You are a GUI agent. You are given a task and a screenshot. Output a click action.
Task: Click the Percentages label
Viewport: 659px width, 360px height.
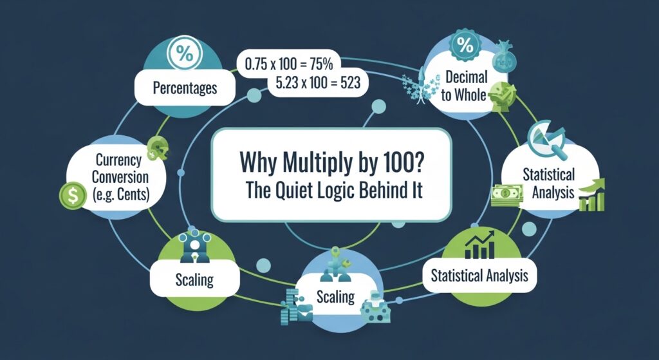pos(185,88)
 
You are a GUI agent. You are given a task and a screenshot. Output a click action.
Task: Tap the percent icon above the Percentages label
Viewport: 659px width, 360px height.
pos(185,53)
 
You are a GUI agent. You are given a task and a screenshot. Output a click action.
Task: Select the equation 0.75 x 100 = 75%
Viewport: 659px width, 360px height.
pos(289,64)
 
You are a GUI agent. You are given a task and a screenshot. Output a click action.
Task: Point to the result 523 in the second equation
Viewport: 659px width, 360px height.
pos(347,82)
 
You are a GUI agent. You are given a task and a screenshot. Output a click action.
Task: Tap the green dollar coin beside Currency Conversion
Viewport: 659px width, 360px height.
pos(73,195)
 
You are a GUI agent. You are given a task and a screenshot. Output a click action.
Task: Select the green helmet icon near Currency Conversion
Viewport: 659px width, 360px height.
pos(158,149)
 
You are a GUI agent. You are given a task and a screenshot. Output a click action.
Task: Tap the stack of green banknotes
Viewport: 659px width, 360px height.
pos(507,195)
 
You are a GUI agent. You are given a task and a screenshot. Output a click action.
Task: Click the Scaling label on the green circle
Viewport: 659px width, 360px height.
pos(194,279)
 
